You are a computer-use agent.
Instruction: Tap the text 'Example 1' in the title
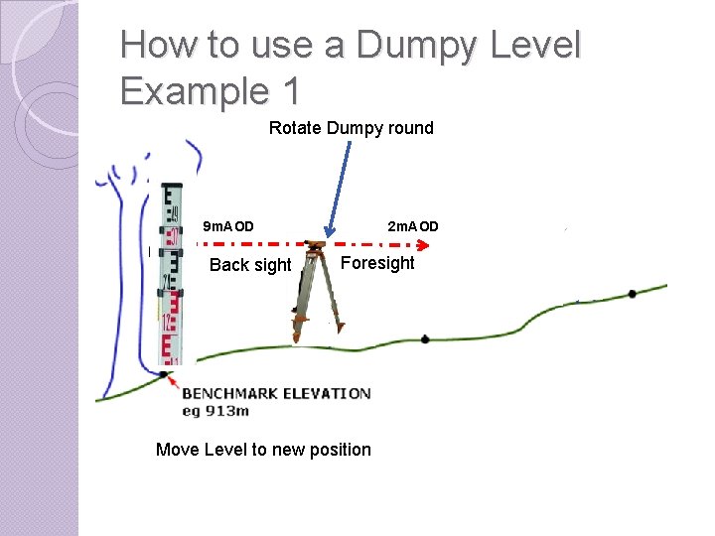point(209,90)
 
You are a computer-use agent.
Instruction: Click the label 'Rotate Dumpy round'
point(351,128)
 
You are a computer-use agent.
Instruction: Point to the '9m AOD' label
point(227,226)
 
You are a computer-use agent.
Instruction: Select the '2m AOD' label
point(412,226)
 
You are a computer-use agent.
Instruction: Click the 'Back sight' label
point(250,265)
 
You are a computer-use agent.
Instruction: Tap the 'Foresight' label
point(377,263)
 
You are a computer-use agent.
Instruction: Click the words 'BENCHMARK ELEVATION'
point(276,394)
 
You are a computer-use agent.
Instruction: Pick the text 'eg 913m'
point(215,410)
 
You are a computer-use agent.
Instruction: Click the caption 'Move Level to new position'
point(263,450)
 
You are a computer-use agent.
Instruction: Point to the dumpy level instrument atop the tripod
point(316,244)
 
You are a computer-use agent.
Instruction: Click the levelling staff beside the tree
point(171,278)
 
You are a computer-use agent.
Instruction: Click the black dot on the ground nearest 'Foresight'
point(425,339)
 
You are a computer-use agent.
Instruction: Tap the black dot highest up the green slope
point(632,294)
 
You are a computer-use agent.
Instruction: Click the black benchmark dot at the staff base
point(163,374)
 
